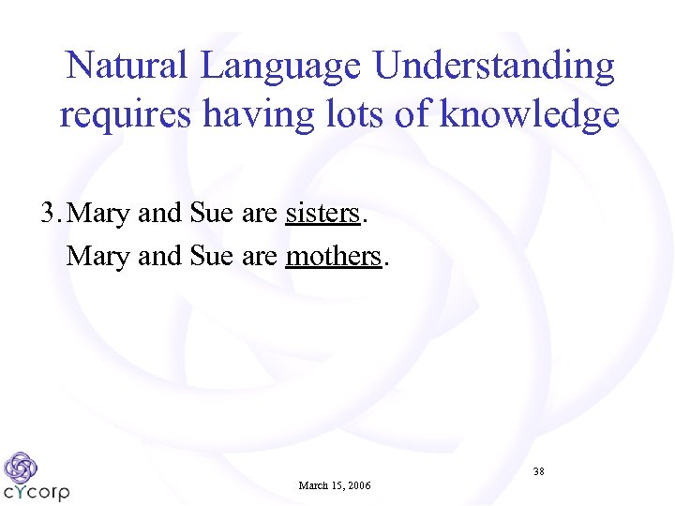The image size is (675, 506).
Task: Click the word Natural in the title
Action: coord(126,66)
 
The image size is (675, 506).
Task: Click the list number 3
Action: coord(48,214)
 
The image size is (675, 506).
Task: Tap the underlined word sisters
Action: coord(322,214)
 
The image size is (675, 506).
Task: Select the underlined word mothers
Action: coord(334,255)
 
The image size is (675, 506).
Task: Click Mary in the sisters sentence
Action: coord(99,215)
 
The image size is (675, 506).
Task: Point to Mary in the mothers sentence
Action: coord(97,256)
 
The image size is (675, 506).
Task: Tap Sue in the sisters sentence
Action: coord(211,214)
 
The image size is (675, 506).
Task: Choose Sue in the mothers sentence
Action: coord(211,255)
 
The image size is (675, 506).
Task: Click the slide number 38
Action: coord(539,471)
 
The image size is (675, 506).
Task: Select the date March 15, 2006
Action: coord(335,485)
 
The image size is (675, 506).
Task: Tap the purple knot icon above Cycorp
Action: coord(20,467)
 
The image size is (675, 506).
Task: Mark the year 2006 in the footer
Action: coord(358,485)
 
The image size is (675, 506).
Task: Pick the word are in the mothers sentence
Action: coord(260,256)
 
